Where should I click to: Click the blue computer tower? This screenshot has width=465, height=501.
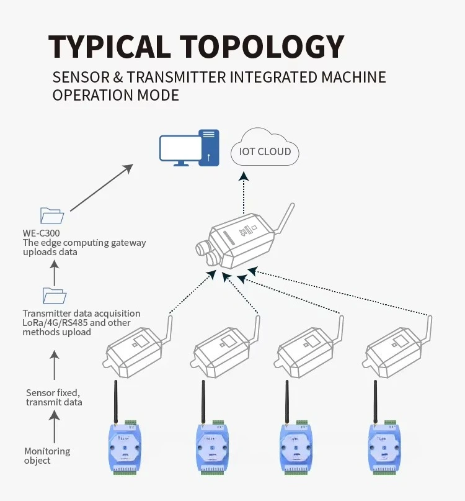coord(209,147)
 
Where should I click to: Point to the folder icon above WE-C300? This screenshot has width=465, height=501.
coord(51,215)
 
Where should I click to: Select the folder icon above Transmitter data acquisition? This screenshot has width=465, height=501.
coord(54,296)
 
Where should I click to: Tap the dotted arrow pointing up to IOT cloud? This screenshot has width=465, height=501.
coord(245,192)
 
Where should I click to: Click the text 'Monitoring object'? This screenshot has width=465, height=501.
coord(47,456)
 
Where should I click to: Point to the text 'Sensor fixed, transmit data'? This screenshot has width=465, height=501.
coord(54,397)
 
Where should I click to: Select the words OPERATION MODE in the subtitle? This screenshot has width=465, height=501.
coord(115,95)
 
